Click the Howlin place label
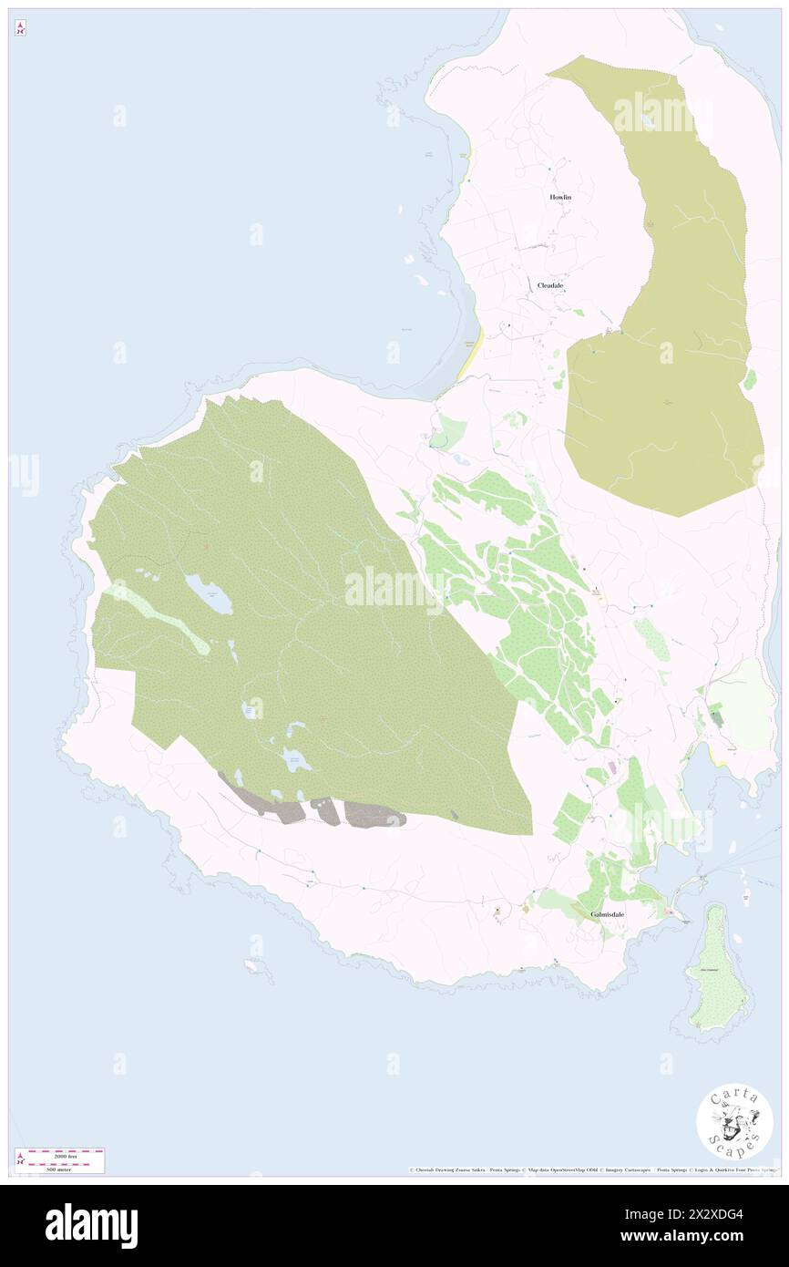[x=559, y=197]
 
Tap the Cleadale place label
[x=550, y=285]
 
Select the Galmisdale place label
[x=608, y=913]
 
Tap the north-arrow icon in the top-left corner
[x=20, y=29]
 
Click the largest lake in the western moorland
[x=209, y=593]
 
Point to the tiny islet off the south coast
[x=259, y=969]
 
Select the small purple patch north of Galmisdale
[x=612, y=768]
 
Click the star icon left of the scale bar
[x=20, y=1159]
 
